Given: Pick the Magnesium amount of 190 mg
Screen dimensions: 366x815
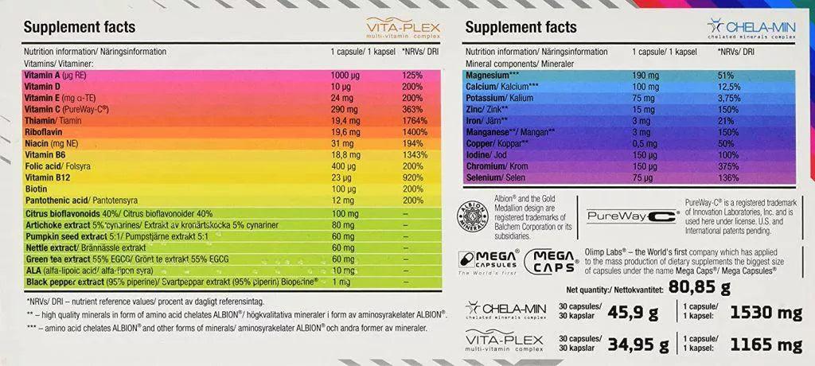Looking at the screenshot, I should [645, 75].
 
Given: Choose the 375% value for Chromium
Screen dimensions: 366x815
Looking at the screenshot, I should [728, 167].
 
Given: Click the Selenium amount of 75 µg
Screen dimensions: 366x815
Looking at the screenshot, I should [643, 178].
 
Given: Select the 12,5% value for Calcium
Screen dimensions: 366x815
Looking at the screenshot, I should [731, 86].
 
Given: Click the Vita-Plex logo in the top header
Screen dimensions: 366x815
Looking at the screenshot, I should [402, 28].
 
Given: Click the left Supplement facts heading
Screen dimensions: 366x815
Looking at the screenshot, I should [80, 27].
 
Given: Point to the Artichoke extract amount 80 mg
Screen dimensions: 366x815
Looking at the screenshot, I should [342, 226].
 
